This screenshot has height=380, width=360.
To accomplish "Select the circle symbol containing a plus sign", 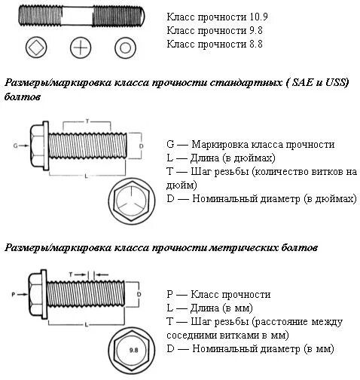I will (81, 48).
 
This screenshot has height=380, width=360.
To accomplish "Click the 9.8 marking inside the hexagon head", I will (133, 351).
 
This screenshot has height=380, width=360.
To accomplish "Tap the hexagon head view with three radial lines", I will (133, 202).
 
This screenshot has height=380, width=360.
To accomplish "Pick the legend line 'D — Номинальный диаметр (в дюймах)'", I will (261, 199).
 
